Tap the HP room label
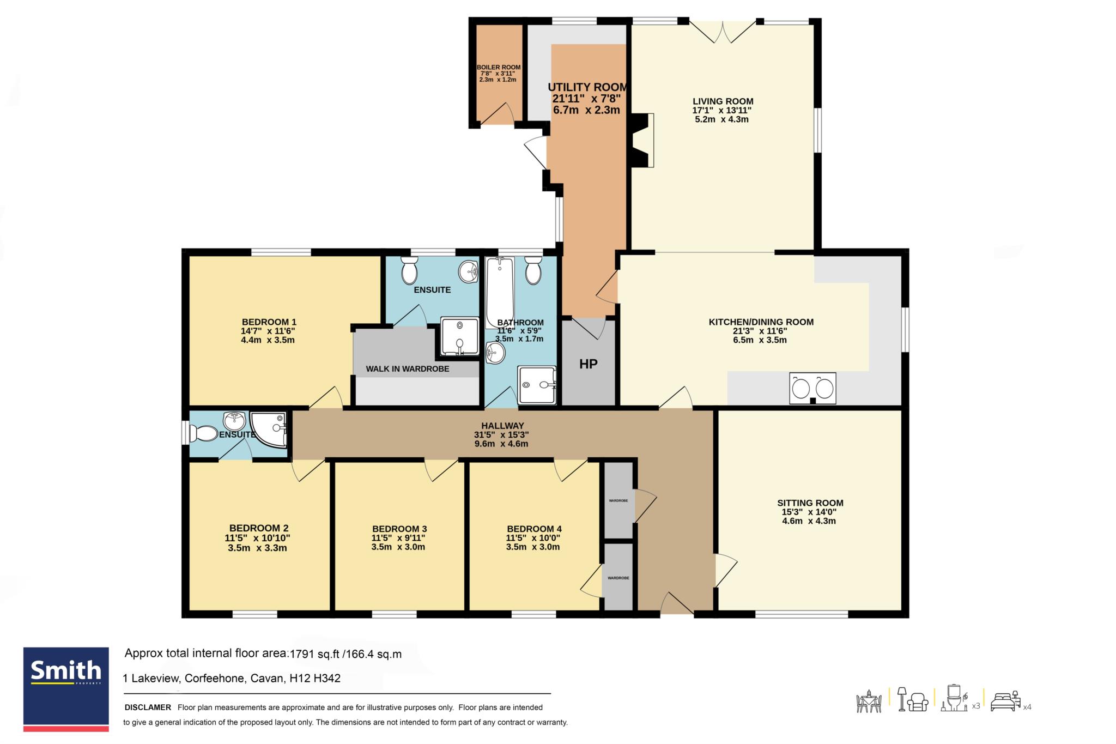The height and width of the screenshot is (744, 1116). click(588, 364)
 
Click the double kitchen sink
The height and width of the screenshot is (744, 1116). click(812, 388)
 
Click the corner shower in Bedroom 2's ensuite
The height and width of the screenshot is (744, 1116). click(269, 430)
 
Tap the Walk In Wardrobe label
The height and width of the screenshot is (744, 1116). click(408, 369)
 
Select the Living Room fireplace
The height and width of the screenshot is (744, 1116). click(642, 140)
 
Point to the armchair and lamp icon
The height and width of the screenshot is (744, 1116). click(913, 699)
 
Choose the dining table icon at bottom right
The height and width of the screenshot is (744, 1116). click(869, 701)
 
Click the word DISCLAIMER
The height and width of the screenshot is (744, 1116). click(148, 707)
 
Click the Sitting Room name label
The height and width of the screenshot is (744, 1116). click(810, 503)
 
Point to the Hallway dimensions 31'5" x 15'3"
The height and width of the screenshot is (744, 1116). click(501, 435)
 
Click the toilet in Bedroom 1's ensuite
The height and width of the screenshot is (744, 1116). click(409, 270)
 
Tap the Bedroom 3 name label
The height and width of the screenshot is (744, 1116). click(399, 529)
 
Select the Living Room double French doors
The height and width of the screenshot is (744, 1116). click(723, 32)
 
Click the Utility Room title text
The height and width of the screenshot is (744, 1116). click(587, 87)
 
